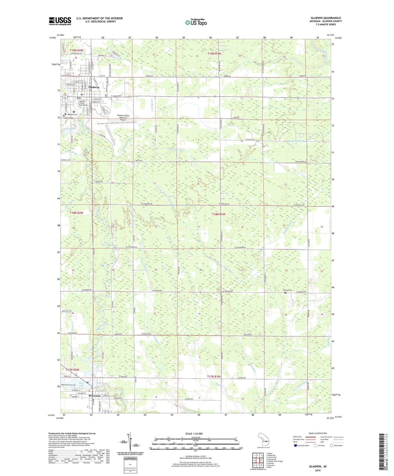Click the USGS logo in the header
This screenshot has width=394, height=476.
point(60,21)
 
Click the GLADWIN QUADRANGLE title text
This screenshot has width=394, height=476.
point(325,18)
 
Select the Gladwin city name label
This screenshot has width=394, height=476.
point(94,87)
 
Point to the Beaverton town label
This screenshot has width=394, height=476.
point(95,395)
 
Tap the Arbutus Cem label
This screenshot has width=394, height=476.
point(287,290)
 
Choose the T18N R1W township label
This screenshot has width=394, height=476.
point(219,214)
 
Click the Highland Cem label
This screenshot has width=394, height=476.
point(72,114)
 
